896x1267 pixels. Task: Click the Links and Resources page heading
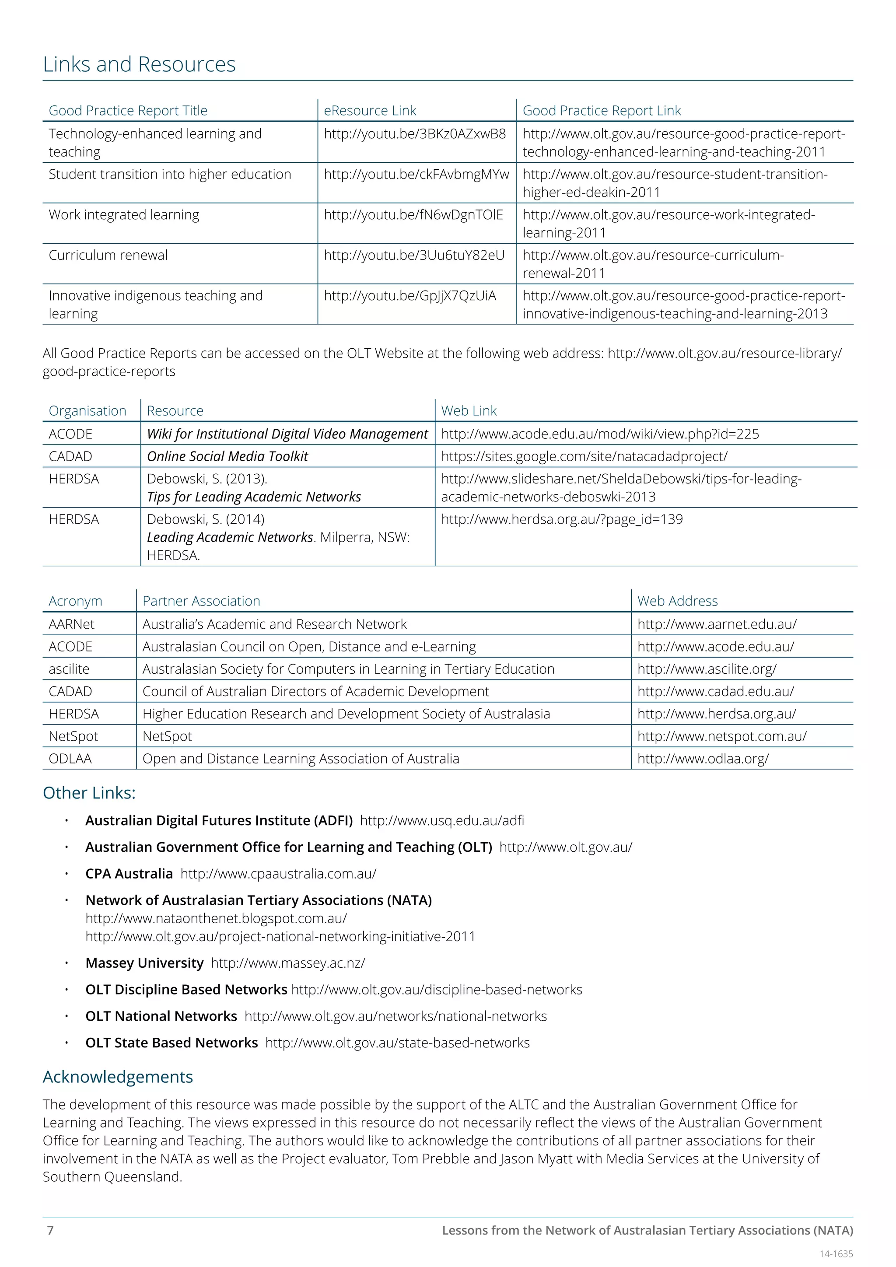(139, 65)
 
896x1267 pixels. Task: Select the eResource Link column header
(370, 111)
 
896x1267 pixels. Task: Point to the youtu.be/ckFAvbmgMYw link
(416, 175)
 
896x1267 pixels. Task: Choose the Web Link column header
(469, 411)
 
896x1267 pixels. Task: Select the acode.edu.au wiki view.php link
(600, 434)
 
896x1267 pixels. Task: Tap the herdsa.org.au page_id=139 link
(562, 519)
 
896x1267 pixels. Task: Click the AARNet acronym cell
(71, 624)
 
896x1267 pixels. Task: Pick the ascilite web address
(707, 669)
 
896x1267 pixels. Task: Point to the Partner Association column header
(201, 601)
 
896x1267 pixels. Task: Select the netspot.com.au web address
(721, 736)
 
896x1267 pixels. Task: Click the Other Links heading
(89, 793)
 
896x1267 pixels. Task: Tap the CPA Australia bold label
(129, 874)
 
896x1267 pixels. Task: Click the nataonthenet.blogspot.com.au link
(216, 918)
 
